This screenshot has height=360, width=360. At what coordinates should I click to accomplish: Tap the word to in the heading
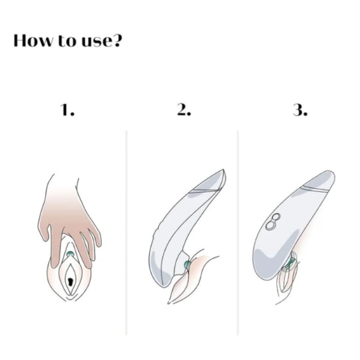pos(66,41)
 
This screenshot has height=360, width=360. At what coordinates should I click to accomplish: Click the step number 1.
pos(67,110)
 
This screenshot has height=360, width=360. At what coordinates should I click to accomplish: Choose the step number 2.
pos(184,110)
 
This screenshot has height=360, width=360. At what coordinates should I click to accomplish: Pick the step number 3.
pos(300,110)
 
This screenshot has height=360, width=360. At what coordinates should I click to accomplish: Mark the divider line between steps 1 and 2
pos(126,233)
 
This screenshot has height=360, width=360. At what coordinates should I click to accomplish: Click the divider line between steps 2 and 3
pos(238,233)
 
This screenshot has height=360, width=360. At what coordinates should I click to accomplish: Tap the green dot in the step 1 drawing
pos(70,254)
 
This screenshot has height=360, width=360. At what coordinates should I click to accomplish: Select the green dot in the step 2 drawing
pos(187,264)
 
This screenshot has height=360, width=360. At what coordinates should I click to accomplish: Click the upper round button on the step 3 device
pos(276,217)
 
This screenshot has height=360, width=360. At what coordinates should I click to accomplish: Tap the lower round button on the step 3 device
pos(270,225)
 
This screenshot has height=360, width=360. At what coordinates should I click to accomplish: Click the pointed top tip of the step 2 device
pos(223,169)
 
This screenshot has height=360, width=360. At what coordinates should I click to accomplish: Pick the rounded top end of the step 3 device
pos(331,173)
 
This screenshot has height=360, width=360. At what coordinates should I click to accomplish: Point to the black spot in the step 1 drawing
pos(70,282)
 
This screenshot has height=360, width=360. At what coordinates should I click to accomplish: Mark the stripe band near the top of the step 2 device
pos(205,191)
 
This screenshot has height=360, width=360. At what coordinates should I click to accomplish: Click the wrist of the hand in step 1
pos(62,184)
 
